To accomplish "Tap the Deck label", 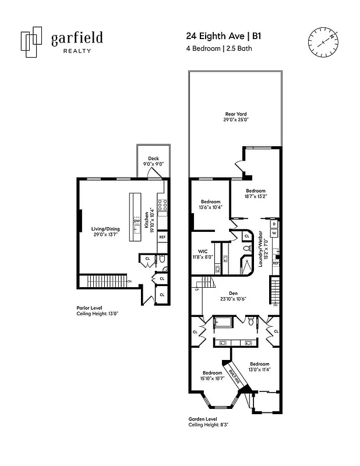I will [x=153, y=161].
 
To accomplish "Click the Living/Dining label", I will [x=105, y=232].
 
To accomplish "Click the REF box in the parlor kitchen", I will [x=162, y=237].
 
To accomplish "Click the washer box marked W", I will [x=274, y=233].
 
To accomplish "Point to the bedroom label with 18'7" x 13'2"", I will [x=255, y=194].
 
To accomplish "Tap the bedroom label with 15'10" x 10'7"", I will [x=212, y=376].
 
